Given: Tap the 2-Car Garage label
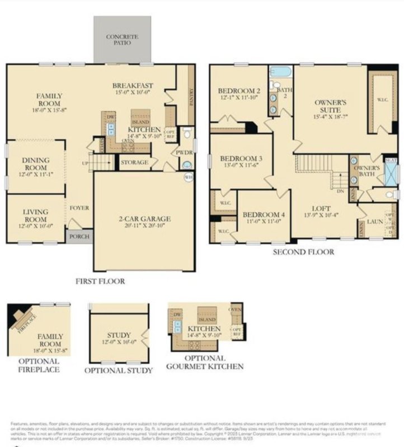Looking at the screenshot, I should coord(145,218).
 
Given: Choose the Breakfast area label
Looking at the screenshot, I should coord(133,85).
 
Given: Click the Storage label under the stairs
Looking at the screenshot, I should coord(135,163).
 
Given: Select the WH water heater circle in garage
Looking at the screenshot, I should coord(189,177).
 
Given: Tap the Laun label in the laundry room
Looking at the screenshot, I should coord(374,222).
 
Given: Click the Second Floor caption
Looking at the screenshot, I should coord(303,252).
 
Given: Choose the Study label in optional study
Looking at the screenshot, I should coord(119,335).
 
